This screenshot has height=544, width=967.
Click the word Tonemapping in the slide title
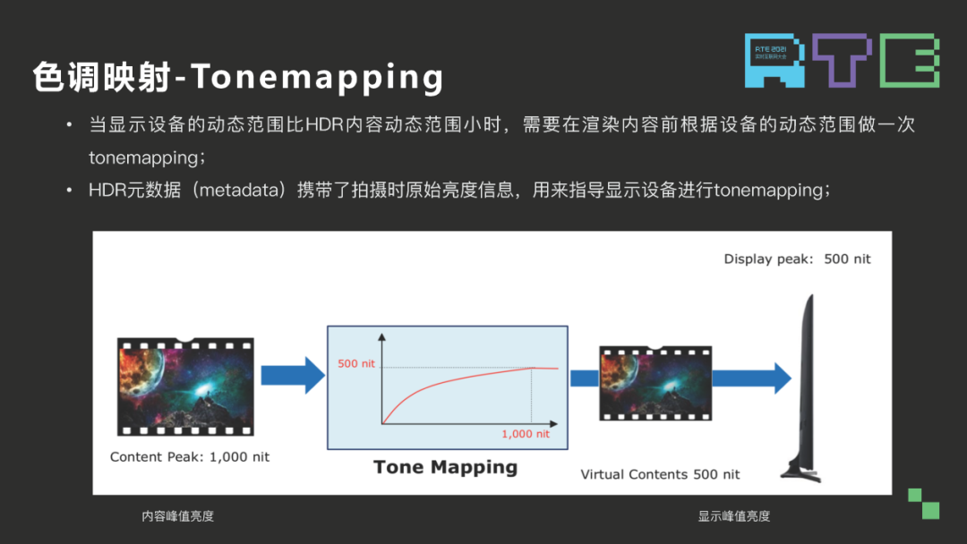tap(318, 79)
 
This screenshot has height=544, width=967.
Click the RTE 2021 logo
tap(842, 60)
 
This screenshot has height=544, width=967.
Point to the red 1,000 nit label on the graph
tap(525, 434)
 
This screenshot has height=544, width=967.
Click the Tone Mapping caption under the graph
tap(445, 467)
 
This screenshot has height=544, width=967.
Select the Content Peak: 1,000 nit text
tap(189, 456)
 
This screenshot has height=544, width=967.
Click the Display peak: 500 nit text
tap(797, 259)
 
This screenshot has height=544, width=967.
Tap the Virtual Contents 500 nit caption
tap(660, 474)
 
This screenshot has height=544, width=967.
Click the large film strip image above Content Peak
tap(185, 386)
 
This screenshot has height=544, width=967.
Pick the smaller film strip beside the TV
tap(655, 383)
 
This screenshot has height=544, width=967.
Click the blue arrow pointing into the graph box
tap(292, 375)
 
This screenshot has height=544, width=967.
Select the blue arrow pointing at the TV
tap(750, 378)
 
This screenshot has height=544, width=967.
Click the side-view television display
tap(805, 376)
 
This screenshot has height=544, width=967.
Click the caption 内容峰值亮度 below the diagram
tap(177, 516)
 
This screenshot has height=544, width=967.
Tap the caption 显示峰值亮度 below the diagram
tap(733, 516)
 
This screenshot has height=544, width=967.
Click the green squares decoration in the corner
tap(923, 503)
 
